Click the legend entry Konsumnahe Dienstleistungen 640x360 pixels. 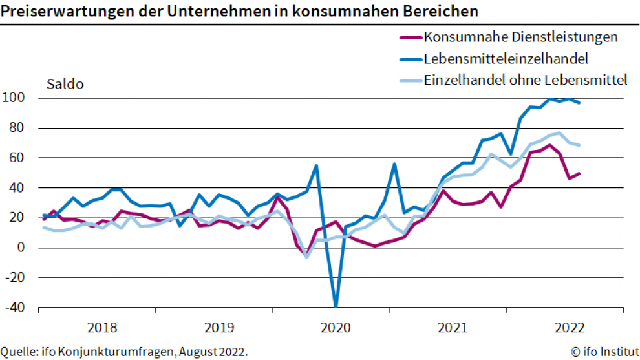(520, 37)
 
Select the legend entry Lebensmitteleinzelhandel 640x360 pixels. (506, 59)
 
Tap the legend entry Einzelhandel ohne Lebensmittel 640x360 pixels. (526, 80)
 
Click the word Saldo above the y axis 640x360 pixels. (65, 84)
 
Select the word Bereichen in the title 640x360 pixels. (446, 12)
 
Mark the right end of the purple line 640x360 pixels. (579, 173)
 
